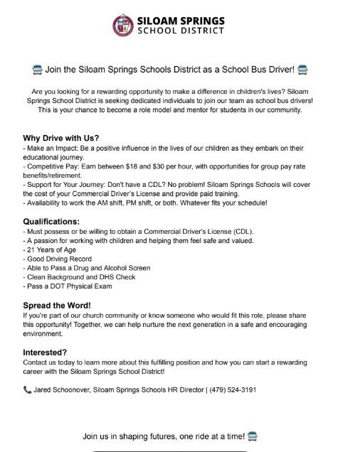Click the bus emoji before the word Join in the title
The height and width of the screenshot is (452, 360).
[x=36, y=70]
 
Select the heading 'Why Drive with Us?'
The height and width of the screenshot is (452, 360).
[x=60, y=137]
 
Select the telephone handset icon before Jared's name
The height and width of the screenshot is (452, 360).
[x=27, y=390]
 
